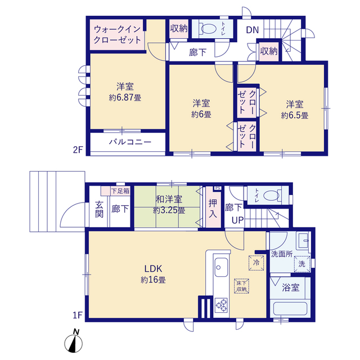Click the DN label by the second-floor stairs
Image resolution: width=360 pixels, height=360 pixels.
click(253, 30)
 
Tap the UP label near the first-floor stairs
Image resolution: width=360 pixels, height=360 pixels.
click(237, 220)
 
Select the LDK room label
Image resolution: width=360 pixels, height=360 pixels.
click(153, 268)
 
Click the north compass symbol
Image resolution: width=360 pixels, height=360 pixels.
click(74, 341)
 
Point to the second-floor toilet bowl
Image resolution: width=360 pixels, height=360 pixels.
click(209, 29)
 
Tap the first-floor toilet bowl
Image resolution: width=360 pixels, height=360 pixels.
click(272, 195)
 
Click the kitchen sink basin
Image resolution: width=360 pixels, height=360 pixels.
click(221, 267)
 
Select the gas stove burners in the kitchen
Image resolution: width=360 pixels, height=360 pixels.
click(221, 305)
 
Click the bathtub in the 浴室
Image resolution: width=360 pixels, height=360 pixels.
click(290, 309)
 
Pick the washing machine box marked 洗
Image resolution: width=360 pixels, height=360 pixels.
click(302, 264)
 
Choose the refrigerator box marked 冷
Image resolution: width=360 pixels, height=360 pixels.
click(256, 263)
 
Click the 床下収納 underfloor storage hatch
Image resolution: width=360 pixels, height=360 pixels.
click(241, 286)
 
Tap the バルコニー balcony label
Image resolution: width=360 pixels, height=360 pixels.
click(130, 142)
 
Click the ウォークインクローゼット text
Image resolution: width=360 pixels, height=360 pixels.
click(117, 35)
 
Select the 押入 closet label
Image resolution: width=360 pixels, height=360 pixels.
click(213, 209)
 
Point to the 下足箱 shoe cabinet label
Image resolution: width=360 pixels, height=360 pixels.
click(120, 191)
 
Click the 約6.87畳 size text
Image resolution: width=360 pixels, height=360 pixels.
click(125, 98)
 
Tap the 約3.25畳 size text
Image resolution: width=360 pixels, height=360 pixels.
click(169, 210)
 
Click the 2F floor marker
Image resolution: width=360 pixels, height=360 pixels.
click(78, 150)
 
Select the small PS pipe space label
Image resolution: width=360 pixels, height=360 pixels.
click(218, 188)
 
